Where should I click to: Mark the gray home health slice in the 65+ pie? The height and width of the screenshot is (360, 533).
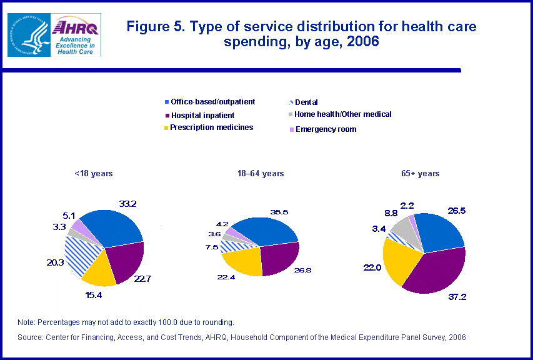point(403,230)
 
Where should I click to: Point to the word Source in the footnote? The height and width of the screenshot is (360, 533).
point(31,337)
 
